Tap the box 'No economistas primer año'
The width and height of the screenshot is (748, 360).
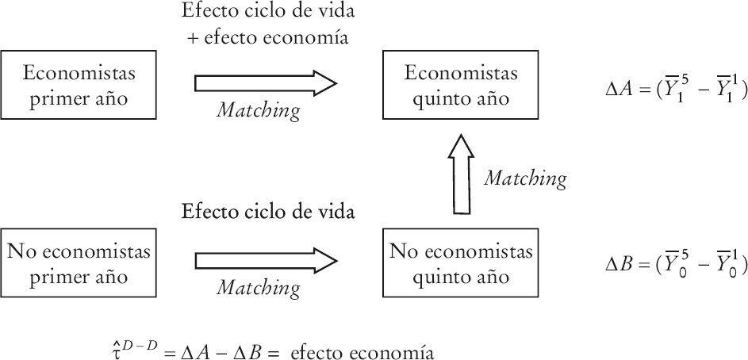point(79,264)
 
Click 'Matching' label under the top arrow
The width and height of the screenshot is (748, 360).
point(259,111)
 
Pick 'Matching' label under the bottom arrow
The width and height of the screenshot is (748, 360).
point(259,287)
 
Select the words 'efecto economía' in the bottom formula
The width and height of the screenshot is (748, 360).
point(378,350)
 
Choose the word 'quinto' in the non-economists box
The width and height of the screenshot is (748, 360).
point(439,277)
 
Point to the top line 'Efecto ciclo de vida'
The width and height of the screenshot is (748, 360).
point(267,13)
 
